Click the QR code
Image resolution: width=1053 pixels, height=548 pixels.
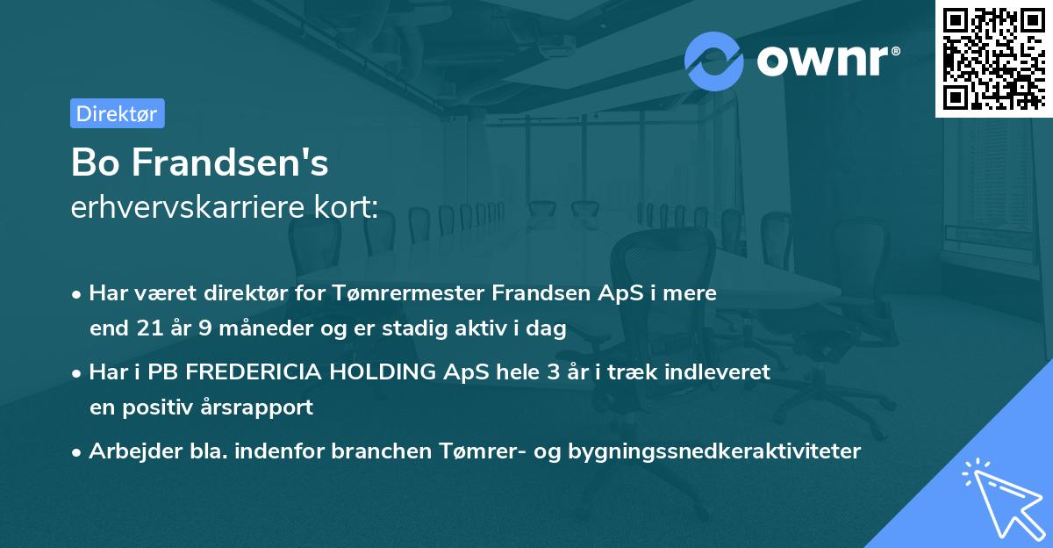coord(993,58)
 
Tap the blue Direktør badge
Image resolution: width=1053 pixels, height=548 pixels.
coord(117,113)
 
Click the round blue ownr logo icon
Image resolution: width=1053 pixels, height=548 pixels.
coord(714,61)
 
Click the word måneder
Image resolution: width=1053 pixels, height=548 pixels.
coord(248,329)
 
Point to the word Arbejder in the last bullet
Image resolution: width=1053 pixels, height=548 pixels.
coord(127,451)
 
